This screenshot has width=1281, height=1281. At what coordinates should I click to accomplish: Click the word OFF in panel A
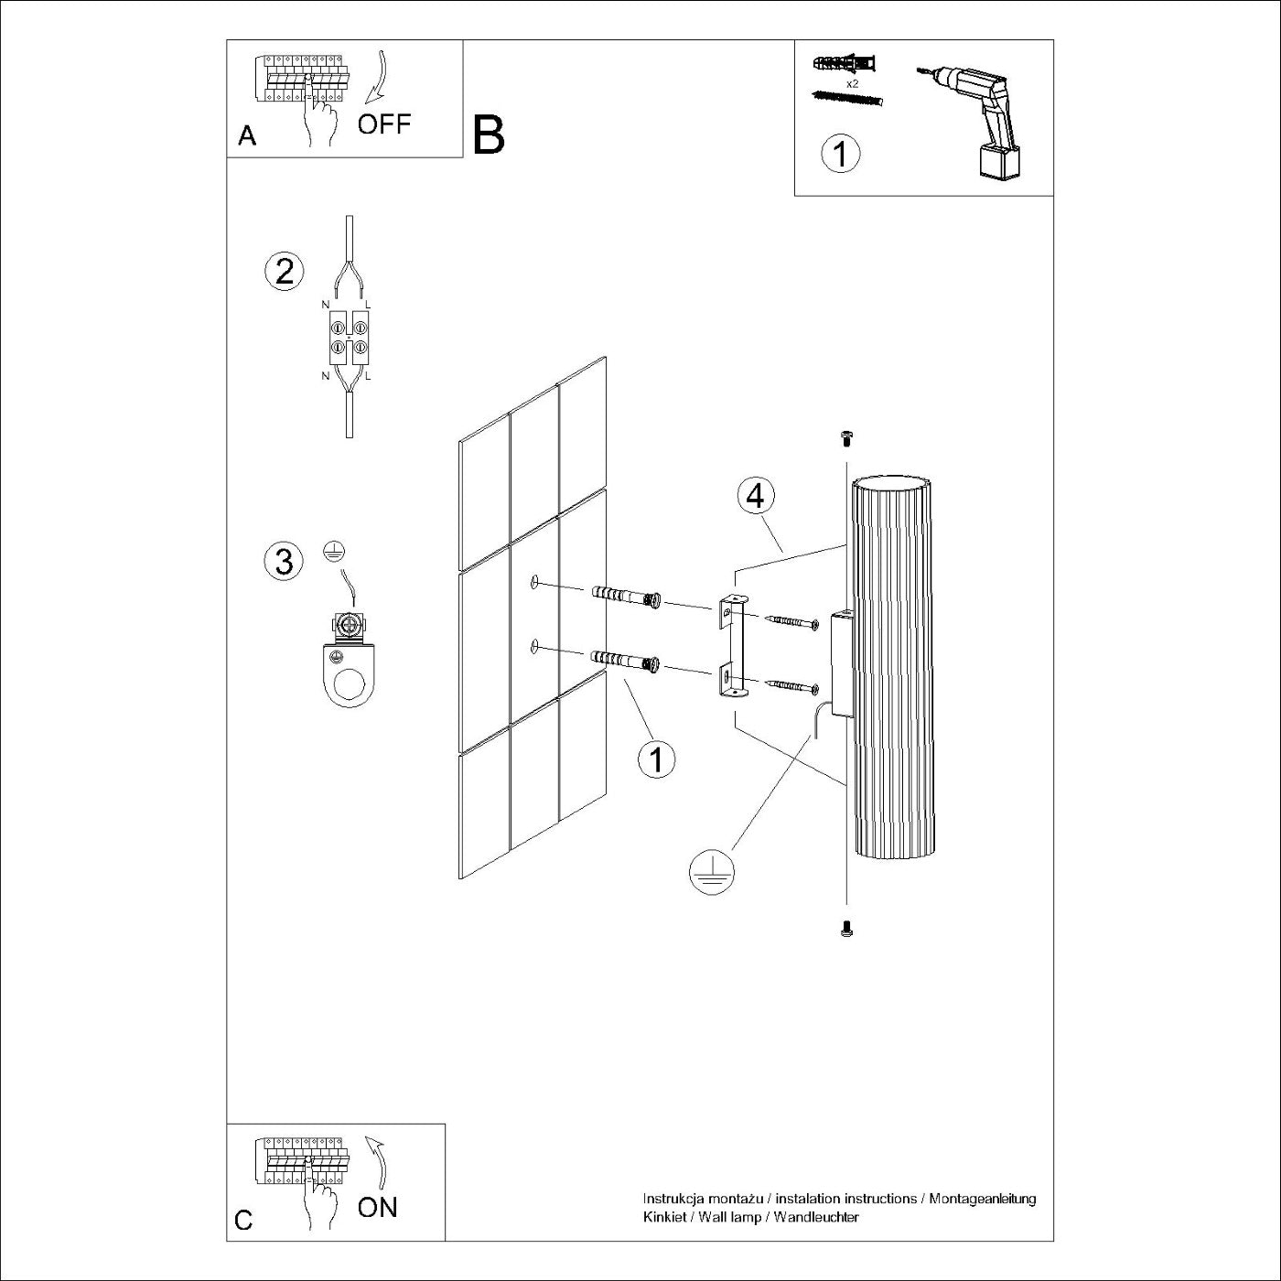pos(384,124)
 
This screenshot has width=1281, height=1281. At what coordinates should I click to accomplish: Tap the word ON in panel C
pos(378,1207)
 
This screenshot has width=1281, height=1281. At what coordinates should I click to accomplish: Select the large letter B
pos(489,135)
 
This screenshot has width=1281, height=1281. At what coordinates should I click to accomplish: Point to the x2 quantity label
pos(852,83)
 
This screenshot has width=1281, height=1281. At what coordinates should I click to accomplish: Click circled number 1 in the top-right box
pos(841,153)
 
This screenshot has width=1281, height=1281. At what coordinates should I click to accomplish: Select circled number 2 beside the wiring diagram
pos(284,272)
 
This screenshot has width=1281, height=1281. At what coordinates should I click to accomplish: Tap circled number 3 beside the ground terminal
pos(284,561)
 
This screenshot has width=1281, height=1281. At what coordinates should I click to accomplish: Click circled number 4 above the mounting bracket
pos(755,495)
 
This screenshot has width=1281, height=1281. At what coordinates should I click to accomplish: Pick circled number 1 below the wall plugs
pos(656,759)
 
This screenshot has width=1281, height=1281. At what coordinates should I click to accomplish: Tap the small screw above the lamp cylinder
pos(846,440)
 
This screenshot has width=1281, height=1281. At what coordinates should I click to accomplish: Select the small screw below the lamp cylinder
pos(846,930)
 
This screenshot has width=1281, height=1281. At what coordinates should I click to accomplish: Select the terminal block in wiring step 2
pos(349,336)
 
